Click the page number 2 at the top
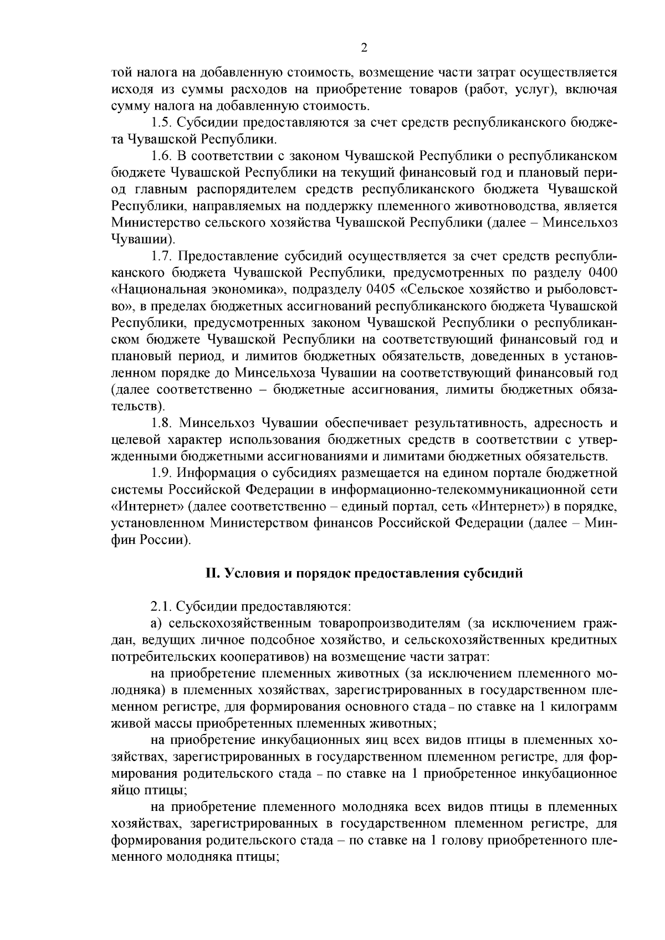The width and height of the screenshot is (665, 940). click(x=364, y=48)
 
